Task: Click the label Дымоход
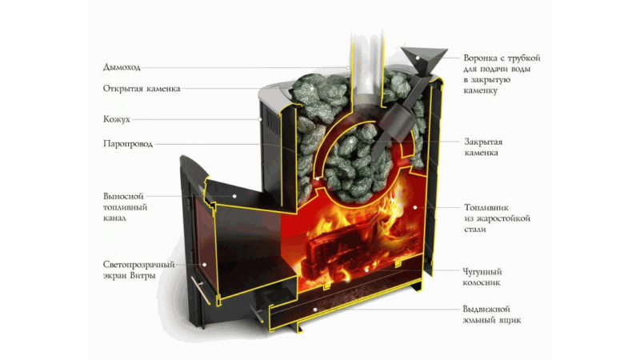122,67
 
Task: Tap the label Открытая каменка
142,89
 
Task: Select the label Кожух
117,119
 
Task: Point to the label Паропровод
128,144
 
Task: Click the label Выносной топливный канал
125,207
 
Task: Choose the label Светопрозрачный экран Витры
138,270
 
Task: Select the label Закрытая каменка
483,147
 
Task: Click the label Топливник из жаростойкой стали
497,218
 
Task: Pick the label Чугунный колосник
482,277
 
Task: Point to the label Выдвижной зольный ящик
492,314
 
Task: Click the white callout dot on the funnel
418,58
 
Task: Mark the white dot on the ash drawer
315,310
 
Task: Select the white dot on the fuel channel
234,196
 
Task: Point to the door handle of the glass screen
201,290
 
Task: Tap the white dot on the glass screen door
205,265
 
